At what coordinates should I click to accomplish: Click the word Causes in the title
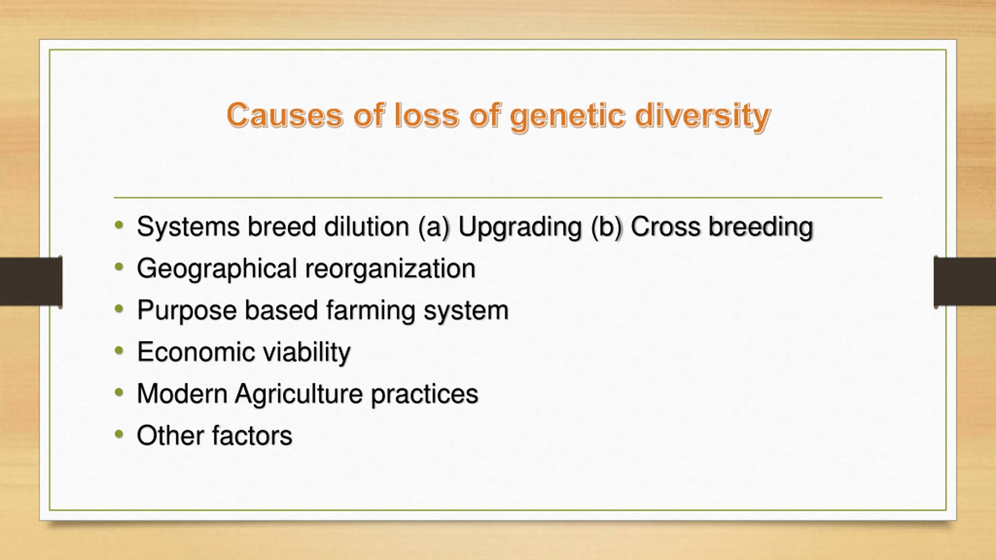[285, 115]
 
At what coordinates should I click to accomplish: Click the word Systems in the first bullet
[188, 227]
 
